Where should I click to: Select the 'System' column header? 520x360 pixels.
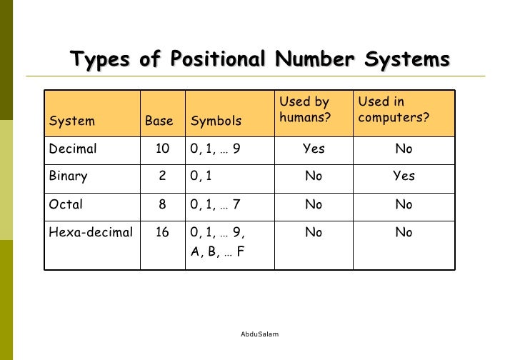click(x=71, y=121)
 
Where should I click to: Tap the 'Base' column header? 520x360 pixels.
click(x=159, y=121)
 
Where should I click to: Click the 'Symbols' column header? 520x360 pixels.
click(x=216, y=121)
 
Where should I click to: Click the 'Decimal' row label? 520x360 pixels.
click(x=73, y=149)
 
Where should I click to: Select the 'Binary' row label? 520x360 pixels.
click(x=69, y=176)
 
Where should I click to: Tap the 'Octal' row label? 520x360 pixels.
click(x=66, y=204)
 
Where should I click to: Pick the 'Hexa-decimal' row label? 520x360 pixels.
click(x=91, y=232)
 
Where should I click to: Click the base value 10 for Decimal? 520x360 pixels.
click(x=162, y=149)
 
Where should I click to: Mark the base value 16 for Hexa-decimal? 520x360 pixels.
click(x=161, y=232)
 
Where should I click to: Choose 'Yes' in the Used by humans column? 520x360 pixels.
click(x=314, y=149)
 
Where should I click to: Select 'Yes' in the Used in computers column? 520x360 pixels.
click(x=404, y=176)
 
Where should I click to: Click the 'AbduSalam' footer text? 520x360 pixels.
click(x=260, y=334)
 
